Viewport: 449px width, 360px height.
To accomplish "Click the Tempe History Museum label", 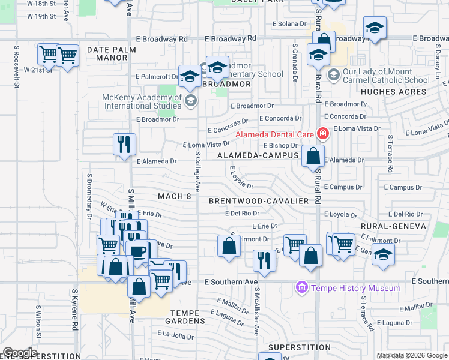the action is point(355,289).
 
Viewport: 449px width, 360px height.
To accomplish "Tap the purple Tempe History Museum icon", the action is point(302,289).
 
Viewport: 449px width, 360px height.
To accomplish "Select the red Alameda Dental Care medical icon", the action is point(323,133).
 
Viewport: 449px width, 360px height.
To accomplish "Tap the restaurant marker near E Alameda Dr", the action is point(124,144).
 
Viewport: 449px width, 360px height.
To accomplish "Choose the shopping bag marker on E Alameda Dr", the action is point(313,157).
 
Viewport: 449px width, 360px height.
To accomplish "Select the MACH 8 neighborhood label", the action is point(175,196).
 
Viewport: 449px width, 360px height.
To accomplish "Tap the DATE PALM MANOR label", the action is point(107,53).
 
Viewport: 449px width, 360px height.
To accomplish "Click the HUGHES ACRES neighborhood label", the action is point(394,92).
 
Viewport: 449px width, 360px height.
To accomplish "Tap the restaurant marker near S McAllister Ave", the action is point(264,260).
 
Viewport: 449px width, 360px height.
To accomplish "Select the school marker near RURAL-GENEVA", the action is point(383,254).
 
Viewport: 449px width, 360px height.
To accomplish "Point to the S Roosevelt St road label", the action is point(16,70).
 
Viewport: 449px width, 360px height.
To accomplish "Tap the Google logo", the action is point(20,353).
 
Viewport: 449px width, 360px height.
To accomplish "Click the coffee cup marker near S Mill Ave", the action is point(139,251).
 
